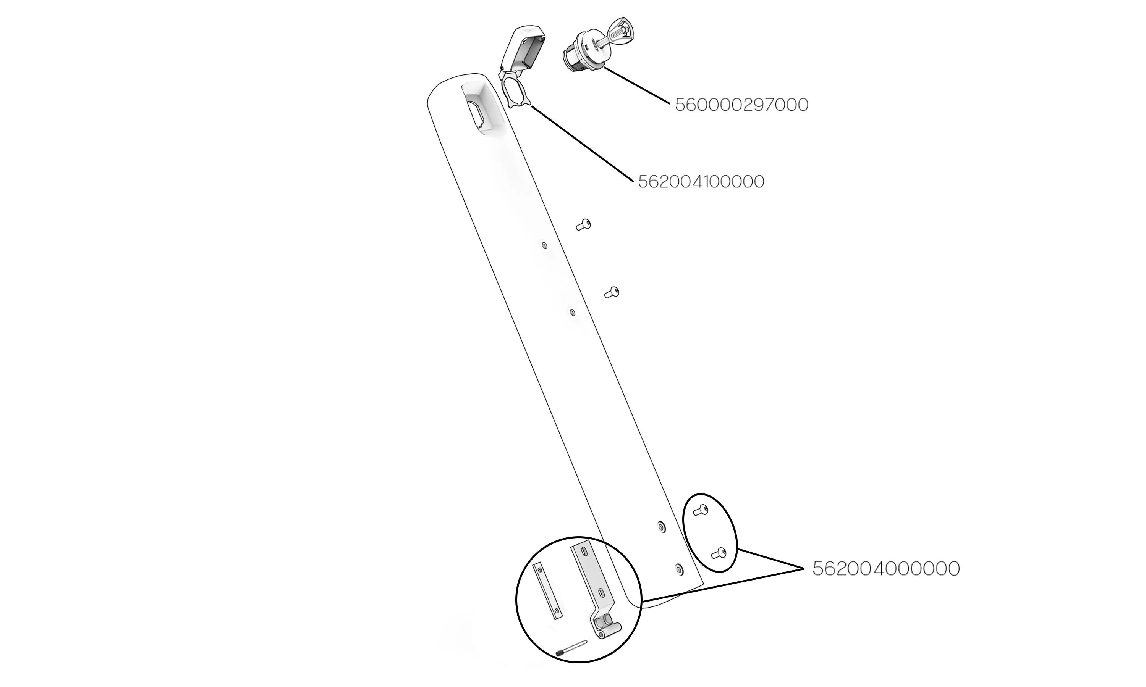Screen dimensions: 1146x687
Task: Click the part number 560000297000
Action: point(741,105)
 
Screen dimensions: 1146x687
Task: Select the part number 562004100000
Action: point(701,181)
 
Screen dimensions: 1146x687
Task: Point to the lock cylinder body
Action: point(579,53)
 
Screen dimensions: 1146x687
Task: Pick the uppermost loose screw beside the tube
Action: point(583,225)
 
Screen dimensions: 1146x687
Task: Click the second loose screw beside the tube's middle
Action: point(612,293)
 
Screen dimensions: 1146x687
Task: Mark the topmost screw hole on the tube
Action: point(545,245)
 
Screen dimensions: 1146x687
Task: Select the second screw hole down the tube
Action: point(573,313)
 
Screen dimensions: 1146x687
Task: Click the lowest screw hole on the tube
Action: point(679,569)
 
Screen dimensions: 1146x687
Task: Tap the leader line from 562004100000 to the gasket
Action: point(582,143)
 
